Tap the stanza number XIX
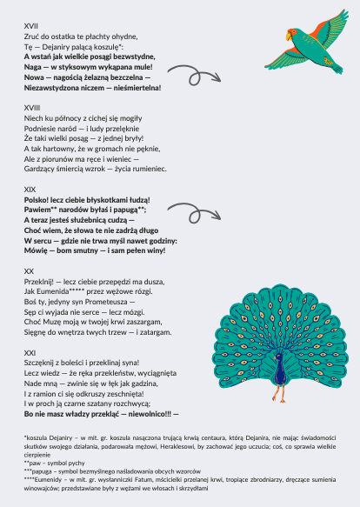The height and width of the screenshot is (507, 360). [30, 189]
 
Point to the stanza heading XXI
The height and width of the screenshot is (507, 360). [30, 350]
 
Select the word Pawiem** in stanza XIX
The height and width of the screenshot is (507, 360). [41, 209]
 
